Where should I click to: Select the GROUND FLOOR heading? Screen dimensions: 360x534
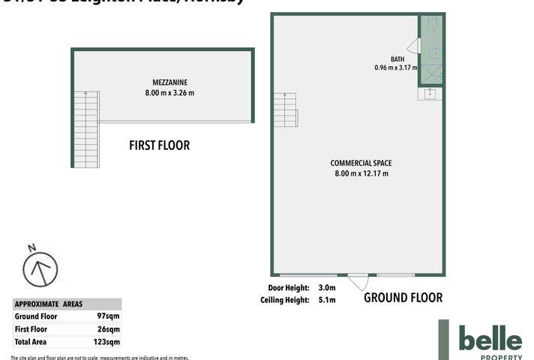pos(403,298)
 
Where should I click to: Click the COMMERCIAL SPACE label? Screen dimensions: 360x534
pos(361,163)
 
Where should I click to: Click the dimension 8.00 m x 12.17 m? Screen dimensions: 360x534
pos(361,173)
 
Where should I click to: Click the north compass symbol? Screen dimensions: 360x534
pos(40,268)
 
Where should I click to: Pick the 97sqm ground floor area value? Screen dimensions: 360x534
pos(108,316)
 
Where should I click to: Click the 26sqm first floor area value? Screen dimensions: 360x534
pos(108,329)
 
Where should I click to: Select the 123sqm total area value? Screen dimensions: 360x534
pos(106,342)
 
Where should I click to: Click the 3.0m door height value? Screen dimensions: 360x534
pos(327,287)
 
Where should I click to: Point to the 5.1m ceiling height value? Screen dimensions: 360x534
pos(327,300)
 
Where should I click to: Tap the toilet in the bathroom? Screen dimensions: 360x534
pos(432,26)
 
